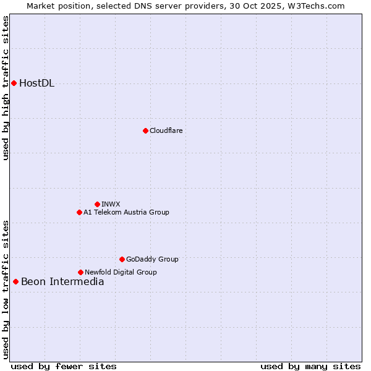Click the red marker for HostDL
14,83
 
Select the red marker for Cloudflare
145,130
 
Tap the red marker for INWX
97,204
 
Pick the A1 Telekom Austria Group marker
79,212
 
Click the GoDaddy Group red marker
122,259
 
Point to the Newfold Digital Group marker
80,272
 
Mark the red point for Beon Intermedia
15,282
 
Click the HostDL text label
37,83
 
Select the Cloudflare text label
166,130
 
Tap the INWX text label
111,204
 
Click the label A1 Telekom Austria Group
126,212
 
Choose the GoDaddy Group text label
152,259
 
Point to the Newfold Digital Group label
121,272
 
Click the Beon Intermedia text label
62,282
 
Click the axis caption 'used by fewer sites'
64,366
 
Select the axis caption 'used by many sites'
310,366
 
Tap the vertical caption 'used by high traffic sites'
6,88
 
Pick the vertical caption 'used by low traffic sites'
6,289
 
